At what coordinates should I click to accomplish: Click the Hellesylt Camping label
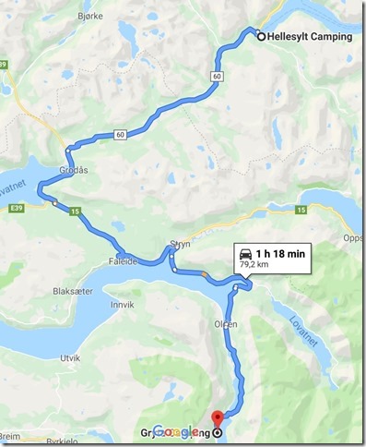(310, 37)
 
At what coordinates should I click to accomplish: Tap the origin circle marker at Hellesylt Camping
(261, 37)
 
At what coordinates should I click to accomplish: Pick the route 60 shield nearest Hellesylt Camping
(216, 75)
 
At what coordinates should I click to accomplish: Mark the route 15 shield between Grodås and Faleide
(75, 212)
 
